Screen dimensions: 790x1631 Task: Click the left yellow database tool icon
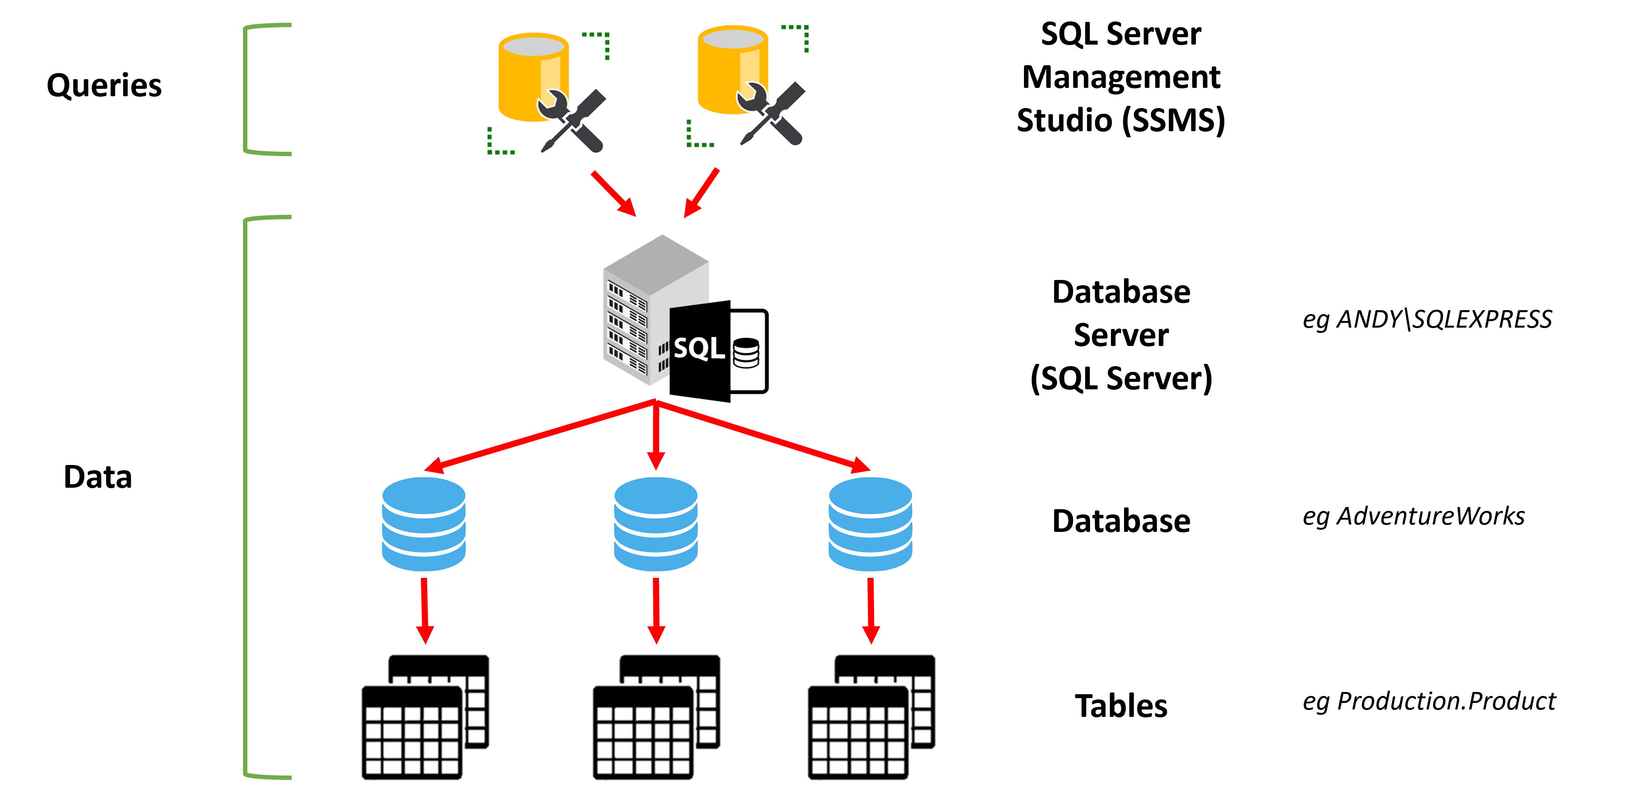(x=547, y=92)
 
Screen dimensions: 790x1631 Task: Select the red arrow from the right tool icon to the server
(x=701, y=192)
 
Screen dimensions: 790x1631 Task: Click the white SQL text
(x=698, y=349)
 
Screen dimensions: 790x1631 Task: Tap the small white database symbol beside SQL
(x=746, y=353)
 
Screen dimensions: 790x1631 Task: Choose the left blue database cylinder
(x=423, y=524)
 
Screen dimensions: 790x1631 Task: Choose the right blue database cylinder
(x=870, y=524)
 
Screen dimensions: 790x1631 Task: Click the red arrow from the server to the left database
(x=538, y=436)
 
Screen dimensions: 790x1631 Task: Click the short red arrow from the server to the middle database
(x=656, y=437)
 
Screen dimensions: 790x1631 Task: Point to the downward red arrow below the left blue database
(x=424, y=612)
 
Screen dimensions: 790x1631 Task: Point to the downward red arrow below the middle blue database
(x=656, y=612)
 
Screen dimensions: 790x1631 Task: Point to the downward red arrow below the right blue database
(x=871, y=612)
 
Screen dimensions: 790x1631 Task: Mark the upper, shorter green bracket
(x=247, y=89)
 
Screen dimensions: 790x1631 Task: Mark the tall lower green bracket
(x=247, y=497)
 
